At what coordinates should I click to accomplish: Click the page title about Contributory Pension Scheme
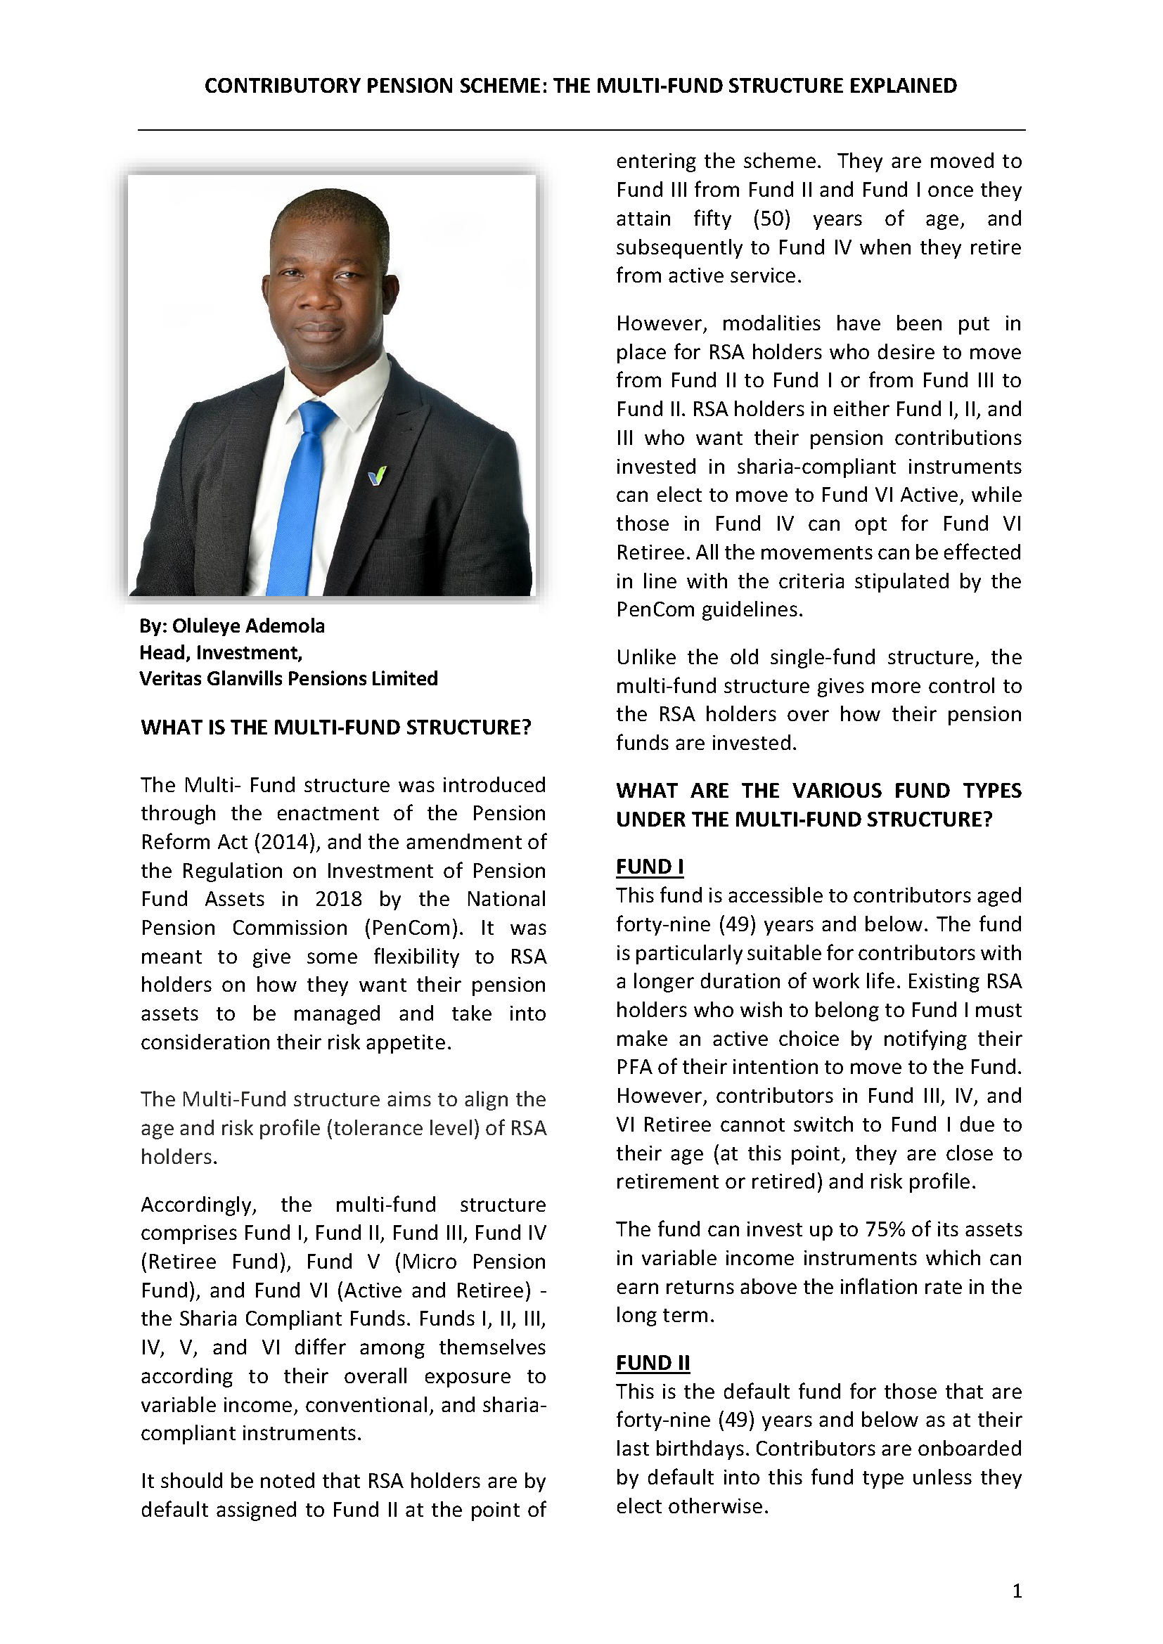tap(580, 86)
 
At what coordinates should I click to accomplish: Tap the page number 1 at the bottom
tap(1017, 1591)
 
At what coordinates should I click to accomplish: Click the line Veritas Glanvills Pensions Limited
tap(288, 678)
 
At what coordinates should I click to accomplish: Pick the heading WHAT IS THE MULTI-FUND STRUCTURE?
tap(335, 727)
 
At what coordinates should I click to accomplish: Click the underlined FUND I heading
tap(649, 867)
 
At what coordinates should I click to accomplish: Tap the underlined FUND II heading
tap(653, 1363)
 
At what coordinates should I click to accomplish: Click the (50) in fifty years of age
tap(771, 219)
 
